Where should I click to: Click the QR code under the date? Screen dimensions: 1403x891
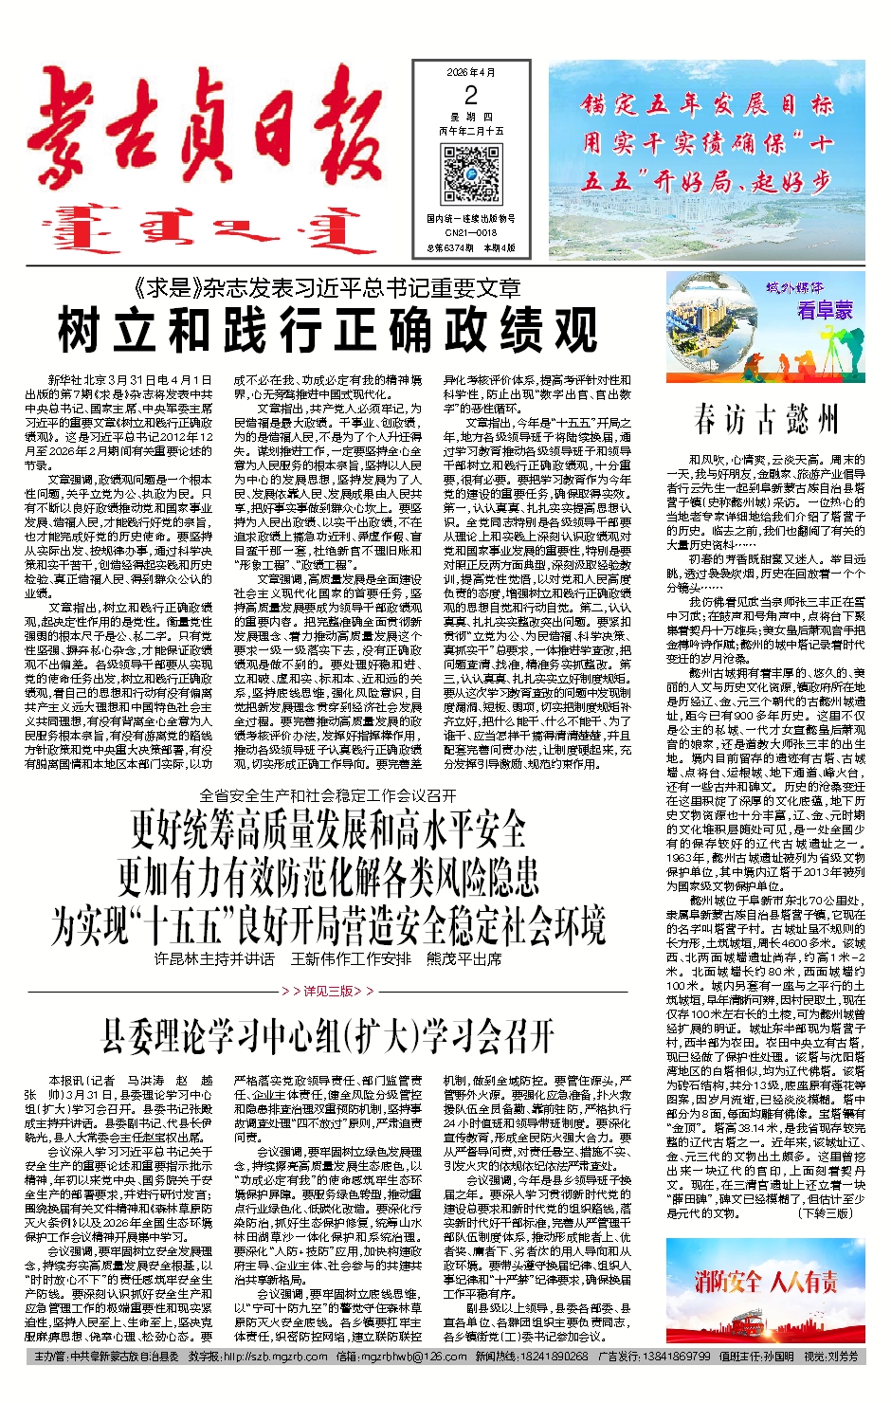click(471, 174)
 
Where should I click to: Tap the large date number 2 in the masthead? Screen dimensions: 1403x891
click(471, 95)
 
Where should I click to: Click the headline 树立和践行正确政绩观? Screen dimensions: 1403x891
click(328, 331)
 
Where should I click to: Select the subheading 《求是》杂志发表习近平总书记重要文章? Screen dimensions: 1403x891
click(328, 288)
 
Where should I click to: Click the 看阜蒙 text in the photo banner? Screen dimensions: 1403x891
click(825, 310)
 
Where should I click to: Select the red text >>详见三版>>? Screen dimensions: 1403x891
click(328, 991)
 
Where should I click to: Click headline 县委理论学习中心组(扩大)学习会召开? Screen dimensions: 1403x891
click(328, 1036)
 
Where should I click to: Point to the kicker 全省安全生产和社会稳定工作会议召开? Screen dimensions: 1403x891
click(328, 794)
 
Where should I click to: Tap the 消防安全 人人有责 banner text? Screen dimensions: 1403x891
click(766, 1283)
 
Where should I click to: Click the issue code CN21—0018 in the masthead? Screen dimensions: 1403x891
click(471, 231)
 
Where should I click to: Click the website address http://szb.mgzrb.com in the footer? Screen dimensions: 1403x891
click(276, 1357)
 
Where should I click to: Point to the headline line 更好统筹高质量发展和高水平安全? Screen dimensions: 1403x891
click(328, 829)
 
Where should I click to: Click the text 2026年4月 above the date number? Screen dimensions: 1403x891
click(471, 72)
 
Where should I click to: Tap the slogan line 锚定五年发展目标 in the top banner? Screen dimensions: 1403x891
click(707, 104)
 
